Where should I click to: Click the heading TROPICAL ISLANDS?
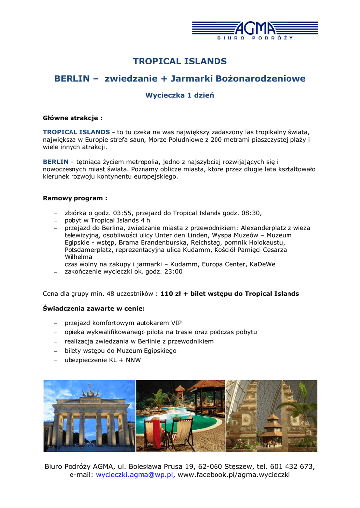180,61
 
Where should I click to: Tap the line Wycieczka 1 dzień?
180,95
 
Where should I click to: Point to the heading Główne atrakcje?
72,118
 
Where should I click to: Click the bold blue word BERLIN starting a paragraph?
56,162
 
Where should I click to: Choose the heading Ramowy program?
75,198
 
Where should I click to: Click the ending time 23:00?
173,272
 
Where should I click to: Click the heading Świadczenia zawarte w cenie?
94,309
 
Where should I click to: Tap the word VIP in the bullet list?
176,323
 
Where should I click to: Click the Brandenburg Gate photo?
89,416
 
